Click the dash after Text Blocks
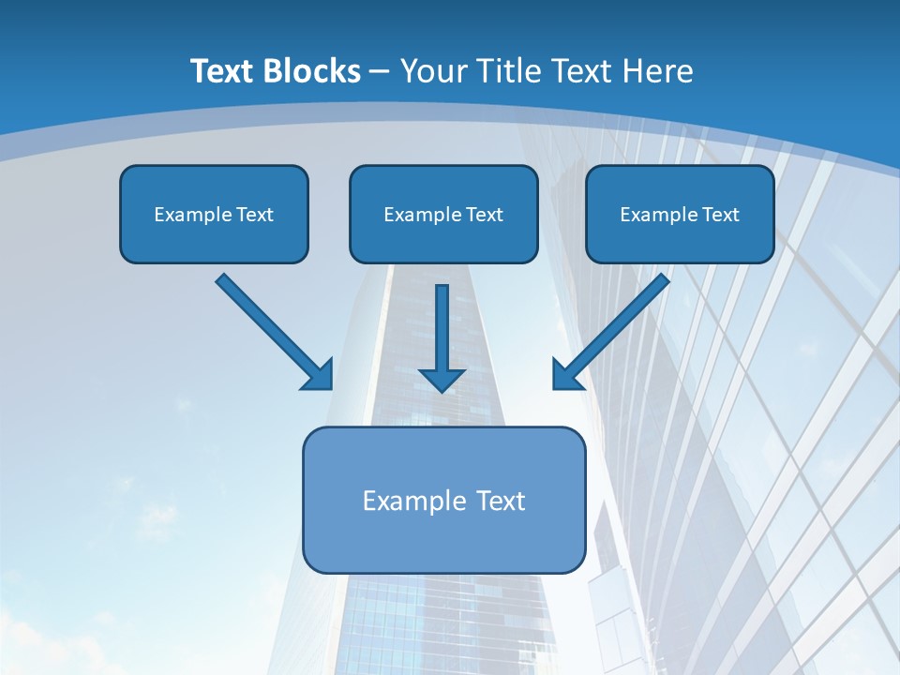(x=380, y=72)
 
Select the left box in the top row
(x=214, y=214)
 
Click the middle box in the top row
(x=443, y=214)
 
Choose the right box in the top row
(x=680, y=214)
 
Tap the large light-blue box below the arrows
(x=443, y=500)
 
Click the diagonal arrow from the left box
(x=272, y=330)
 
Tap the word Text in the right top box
(x=720, y=215)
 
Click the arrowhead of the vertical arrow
(x=442, y=379)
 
